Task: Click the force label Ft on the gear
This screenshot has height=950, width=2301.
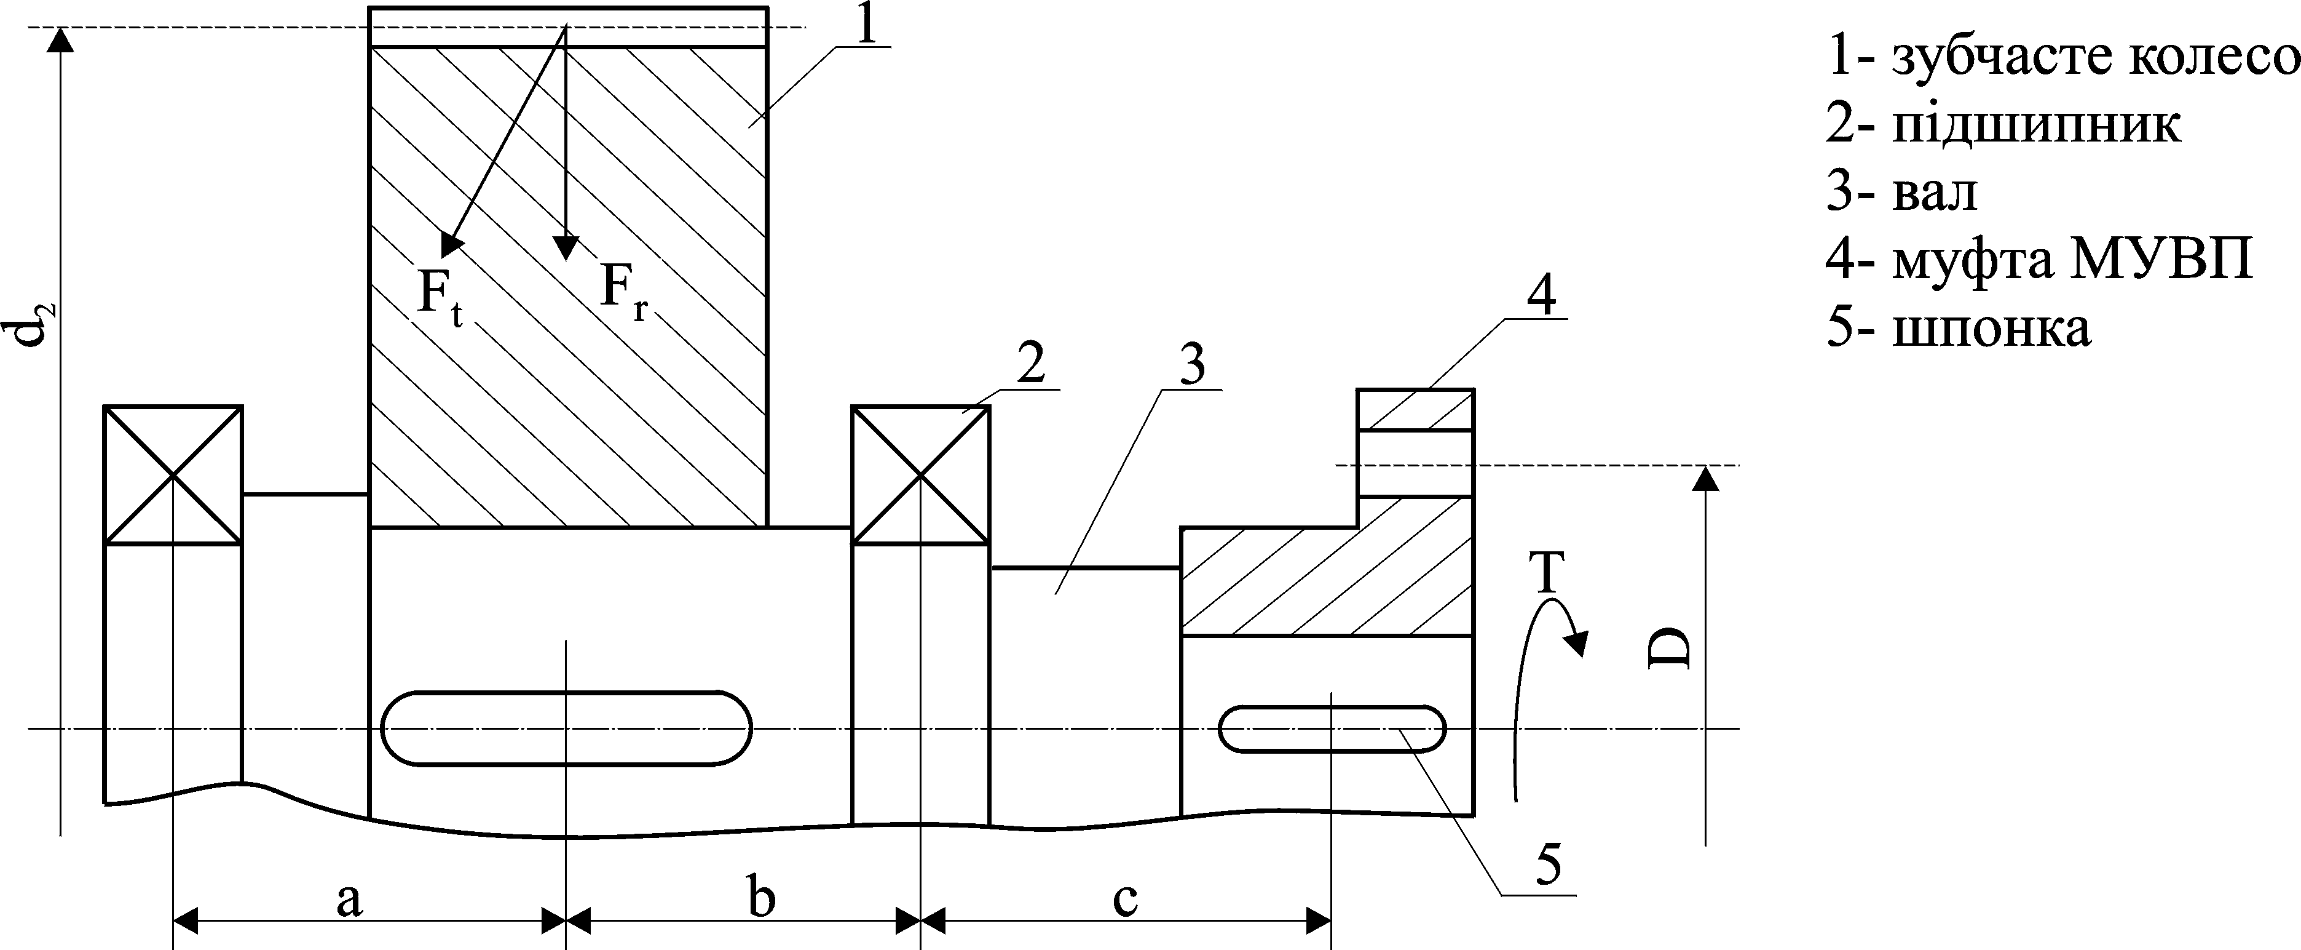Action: (x=440, y=295)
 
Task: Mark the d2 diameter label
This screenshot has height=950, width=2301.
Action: (x=34, y=324)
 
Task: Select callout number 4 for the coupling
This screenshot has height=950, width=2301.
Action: (x=1540, y=295)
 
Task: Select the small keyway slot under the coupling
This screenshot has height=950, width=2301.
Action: (x=1332, y=728)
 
